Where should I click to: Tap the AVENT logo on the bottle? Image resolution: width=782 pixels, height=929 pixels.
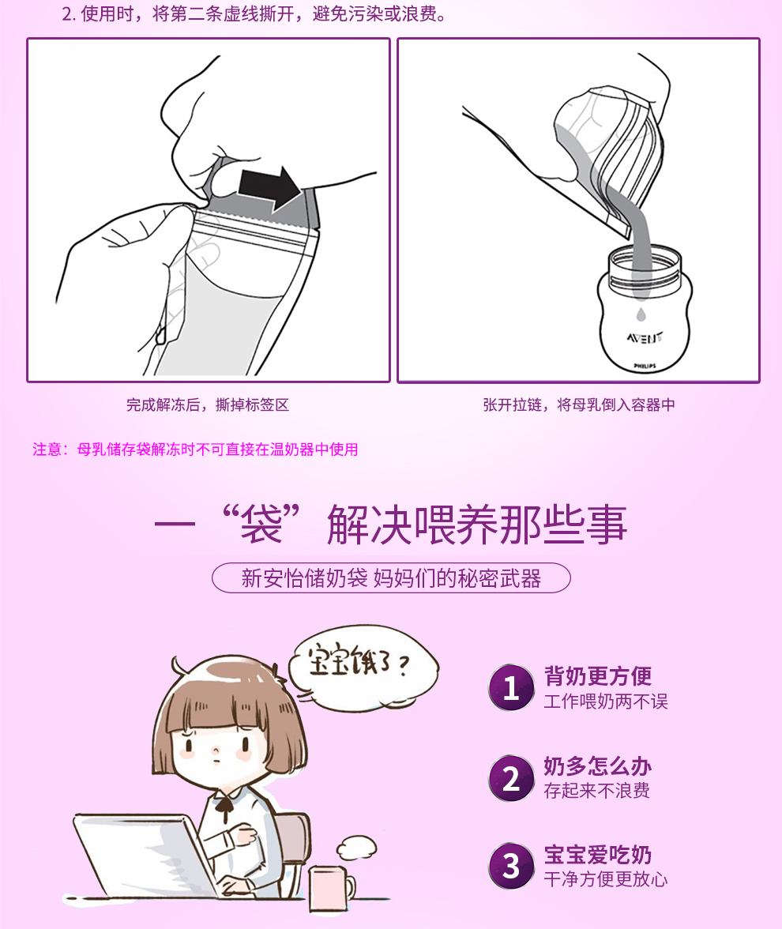point(645,338)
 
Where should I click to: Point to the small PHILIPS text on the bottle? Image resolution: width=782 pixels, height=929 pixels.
point(645,367)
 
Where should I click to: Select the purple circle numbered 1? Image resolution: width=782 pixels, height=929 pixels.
point(511,687)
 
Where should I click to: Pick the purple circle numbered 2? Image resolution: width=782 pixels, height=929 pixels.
point(511,778)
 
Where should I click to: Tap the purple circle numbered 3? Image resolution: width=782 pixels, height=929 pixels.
point(511,866)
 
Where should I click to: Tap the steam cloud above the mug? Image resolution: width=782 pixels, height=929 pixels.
point(357,847)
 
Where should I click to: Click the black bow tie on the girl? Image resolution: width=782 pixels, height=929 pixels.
point(224,806)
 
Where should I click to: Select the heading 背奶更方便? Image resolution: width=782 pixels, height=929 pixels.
point(598,676)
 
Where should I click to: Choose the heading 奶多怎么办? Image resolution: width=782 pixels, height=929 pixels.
point(598,766)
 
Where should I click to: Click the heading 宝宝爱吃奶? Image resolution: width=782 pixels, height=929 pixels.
point(598,855)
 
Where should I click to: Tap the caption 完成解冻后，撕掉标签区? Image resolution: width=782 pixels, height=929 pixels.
point(207,404)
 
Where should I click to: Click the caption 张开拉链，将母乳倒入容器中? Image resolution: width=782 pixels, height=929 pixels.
point(579,404)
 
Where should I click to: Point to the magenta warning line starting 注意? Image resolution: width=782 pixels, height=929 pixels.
point(195,449)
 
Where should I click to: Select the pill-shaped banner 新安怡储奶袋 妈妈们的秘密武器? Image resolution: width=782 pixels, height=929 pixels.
point(391,577)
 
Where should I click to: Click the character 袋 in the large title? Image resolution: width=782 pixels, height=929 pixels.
point(261,525)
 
